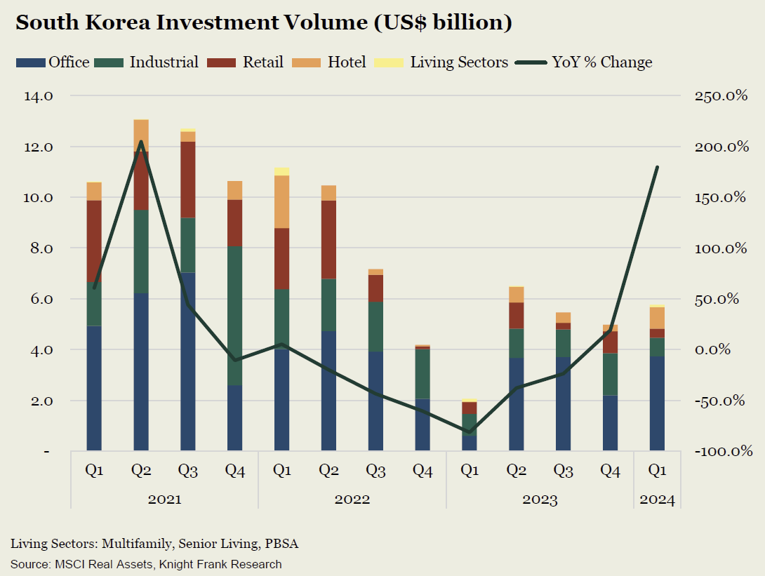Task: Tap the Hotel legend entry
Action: (x=336, y=62)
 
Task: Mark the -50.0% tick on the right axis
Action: (x=721, y=401)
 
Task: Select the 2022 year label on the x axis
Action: (x=352, y=500)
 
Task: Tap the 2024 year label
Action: (x=657, y=500)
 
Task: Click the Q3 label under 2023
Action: (x=564, y=471)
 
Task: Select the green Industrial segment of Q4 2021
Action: (x=235, y=316)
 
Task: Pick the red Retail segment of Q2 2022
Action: (x=329, y=239)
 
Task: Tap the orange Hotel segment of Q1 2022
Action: (x=282, y=201)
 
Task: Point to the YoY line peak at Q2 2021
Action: (x=141, y=143)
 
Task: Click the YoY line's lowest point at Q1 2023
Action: (x=470, y=432)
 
